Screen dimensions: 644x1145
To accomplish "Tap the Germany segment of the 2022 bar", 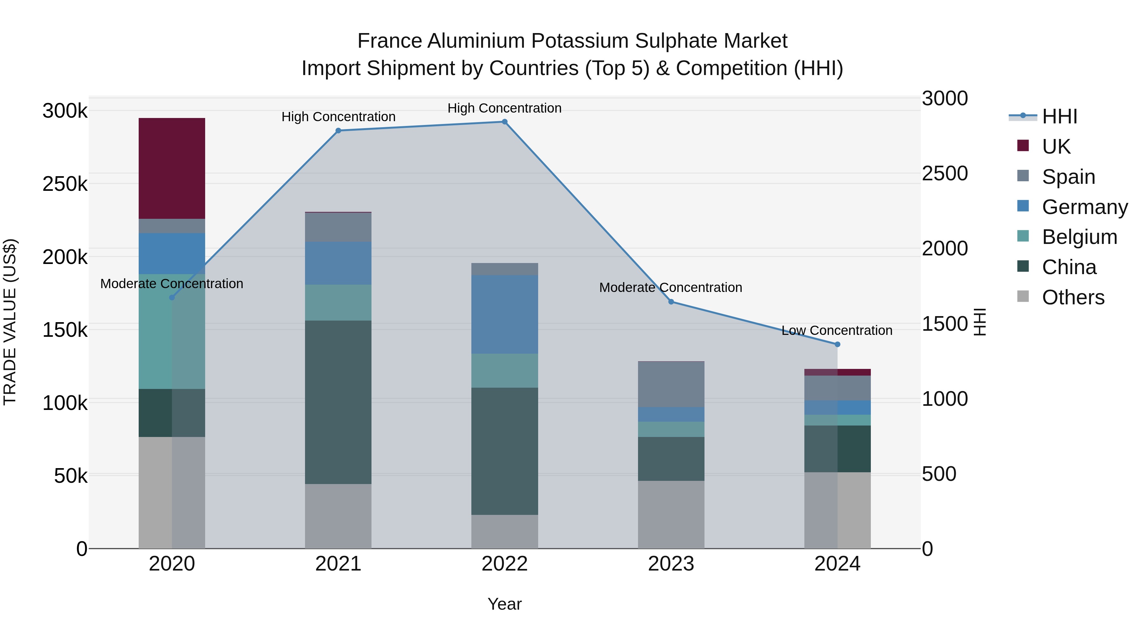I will pos(504,314).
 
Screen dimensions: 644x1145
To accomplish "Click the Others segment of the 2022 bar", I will pos(504,531).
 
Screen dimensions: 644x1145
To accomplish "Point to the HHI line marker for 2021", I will pos(338,131).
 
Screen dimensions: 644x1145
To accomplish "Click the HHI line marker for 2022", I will pos(504,122).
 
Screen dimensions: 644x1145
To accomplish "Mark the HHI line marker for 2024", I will pos(837,344).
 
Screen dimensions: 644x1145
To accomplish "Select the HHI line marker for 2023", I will pos(671,302).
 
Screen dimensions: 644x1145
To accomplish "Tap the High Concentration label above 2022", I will pos(504,108).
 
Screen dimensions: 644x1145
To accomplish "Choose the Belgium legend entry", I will pos(1079,237).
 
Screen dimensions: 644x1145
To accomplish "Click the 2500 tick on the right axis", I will pos(945,173).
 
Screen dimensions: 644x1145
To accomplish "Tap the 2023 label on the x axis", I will pos(671,564).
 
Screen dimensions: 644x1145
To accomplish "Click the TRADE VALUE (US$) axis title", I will pos(10,322).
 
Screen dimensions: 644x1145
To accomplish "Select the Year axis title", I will pos(504,604).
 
